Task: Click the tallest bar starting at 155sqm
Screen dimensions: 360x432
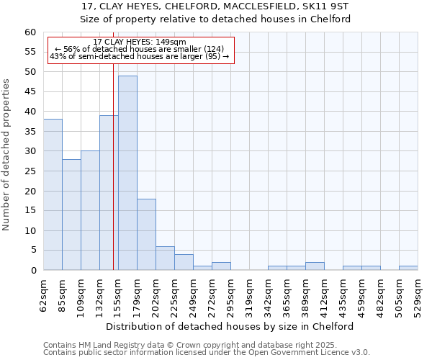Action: tap(127, 173)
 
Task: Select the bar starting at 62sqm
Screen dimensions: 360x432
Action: tap(53, 194)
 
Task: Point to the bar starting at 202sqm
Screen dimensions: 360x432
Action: tap(165, 258)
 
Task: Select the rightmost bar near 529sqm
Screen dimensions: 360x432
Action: tap(408, 269)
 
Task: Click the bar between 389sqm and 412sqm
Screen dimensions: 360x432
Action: tap(315, 266)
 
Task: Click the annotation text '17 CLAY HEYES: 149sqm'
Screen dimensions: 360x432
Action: tap(140, 42)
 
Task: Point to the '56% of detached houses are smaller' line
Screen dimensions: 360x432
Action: tap(140, 49)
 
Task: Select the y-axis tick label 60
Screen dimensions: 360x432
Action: tap(30, 32)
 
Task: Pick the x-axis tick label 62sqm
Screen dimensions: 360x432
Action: tap(44, 295)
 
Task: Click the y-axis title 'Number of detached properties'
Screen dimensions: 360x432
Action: tap(6, 155)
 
